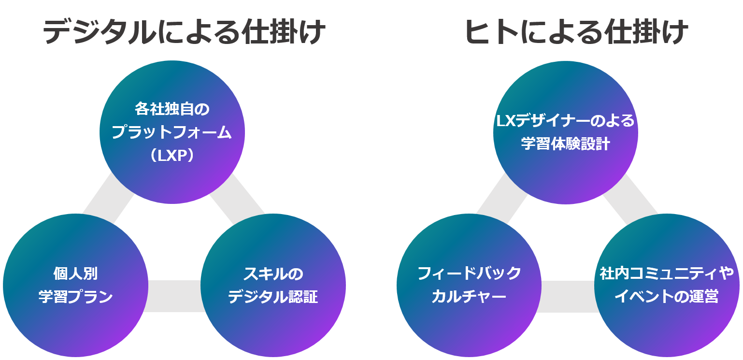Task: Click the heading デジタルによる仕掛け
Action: (184, 32)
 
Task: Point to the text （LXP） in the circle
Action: (172, 156)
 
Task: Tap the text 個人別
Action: (75, 274)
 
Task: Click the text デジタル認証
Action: (273, 297)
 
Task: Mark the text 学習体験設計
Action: (565, 144)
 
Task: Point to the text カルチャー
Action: (469, 296)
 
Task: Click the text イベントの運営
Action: (667, 296)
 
